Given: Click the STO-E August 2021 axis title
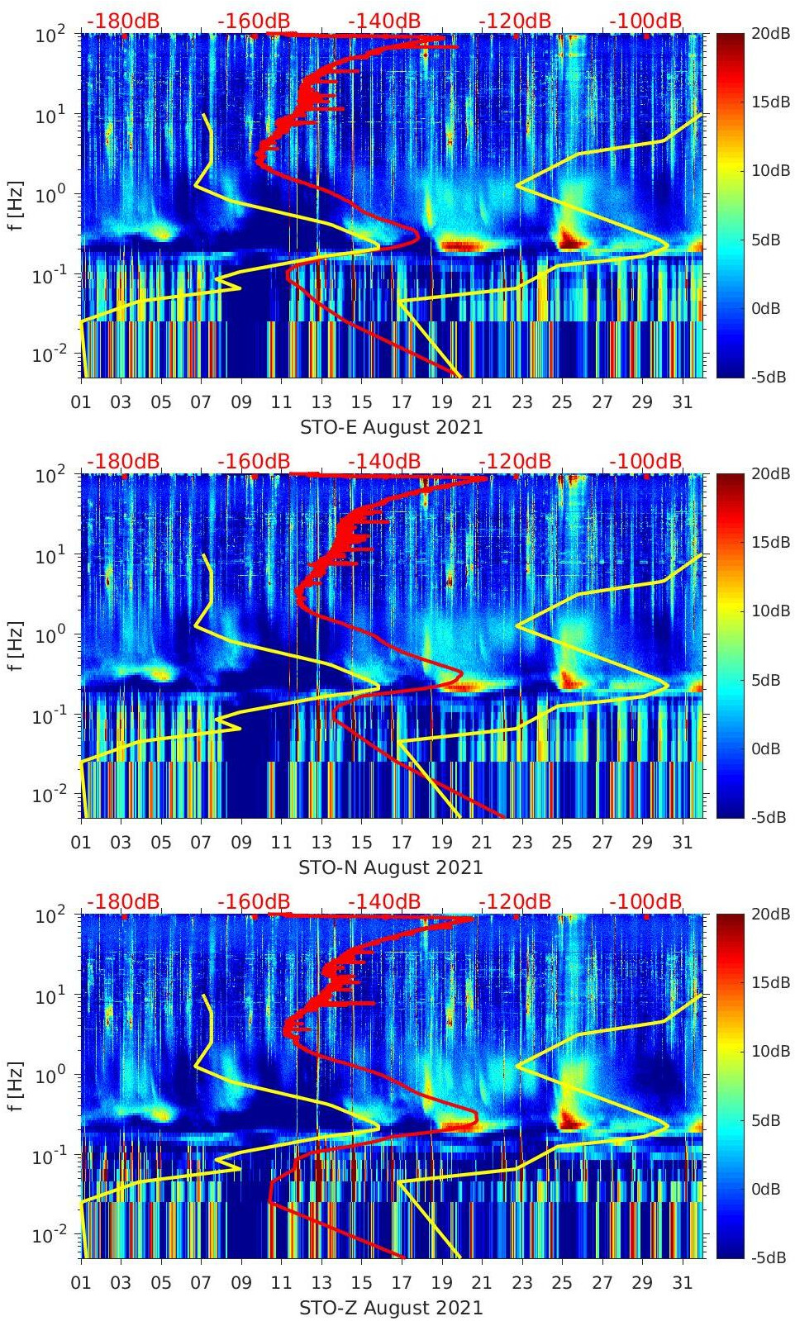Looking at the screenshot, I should point(391,427).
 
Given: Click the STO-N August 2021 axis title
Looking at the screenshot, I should point(391,867).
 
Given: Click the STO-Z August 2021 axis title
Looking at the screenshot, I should point(391,1308).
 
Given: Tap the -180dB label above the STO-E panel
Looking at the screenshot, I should point(123,21).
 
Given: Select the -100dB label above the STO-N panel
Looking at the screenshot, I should point(645,461).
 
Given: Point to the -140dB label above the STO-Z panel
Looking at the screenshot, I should point(384,901).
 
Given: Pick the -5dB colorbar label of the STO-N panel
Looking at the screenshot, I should point(769,817).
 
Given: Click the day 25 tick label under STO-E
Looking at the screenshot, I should point(562,402).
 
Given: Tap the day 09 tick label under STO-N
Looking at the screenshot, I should point(241,843).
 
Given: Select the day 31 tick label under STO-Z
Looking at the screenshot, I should point(682,1283).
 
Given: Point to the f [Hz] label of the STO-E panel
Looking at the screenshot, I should point(15,206).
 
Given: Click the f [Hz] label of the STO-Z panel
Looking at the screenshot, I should point(15,1086).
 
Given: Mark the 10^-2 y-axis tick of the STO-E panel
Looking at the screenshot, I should point(48,355).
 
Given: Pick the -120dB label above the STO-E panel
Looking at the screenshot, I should point(515,21).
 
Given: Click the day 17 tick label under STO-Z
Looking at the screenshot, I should point(402,1283).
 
